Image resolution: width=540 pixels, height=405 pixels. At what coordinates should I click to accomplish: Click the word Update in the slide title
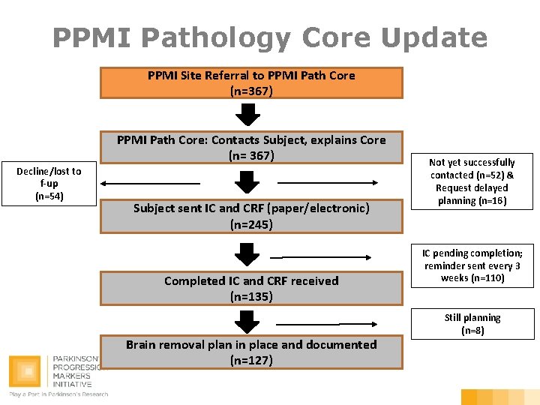(435, 37)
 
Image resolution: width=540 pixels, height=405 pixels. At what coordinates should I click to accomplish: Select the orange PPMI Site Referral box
(251, 83)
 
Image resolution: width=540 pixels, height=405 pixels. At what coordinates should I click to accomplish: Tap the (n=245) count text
(251, 224)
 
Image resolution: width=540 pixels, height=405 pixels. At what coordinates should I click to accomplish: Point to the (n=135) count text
(251, 296)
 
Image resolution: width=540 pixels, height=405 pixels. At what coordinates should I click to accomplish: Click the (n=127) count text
(251, 360)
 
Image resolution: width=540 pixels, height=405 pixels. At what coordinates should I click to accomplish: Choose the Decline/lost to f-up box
(49, 183)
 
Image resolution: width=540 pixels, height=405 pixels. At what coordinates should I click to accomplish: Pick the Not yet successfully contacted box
(472, 181)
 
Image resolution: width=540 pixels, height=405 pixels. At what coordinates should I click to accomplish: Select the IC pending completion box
(472, 265)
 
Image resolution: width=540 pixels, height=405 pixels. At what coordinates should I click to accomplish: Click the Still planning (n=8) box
(472, 323)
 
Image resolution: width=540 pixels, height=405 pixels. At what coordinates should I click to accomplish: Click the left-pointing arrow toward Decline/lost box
(150, 182)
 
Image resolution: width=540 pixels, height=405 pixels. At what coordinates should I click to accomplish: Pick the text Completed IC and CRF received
(251, 281)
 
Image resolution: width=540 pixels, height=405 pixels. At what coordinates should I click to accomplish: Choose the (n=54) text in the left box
(49, 196)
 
